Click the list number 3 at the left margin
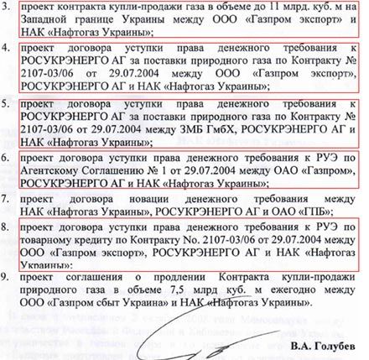(x=7, y=8)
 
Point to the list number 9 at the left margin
(x=7, y=276)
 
